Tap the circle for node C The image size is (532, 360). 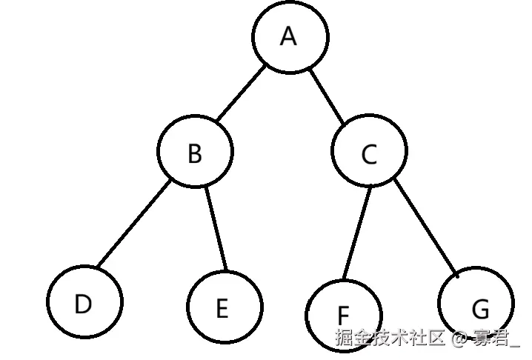tap(369, 154)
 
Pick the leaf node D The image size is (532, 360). tap(84, 303)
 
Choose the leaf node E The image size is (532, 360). tap(223, 307)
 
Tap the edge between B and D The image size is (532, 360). tap(133, 225)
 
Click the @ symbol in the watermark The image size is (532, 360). tap(459, 339)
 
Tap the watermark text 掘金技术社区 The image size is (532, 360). tap(390, 339)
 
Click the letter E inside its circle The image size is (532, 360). tap(222, 309)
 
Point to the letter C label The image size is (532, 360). tap(369, 156)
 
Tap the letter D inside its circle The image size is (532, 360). tap(84, 304)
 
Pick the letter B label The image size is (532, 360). tap(195, 153)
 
